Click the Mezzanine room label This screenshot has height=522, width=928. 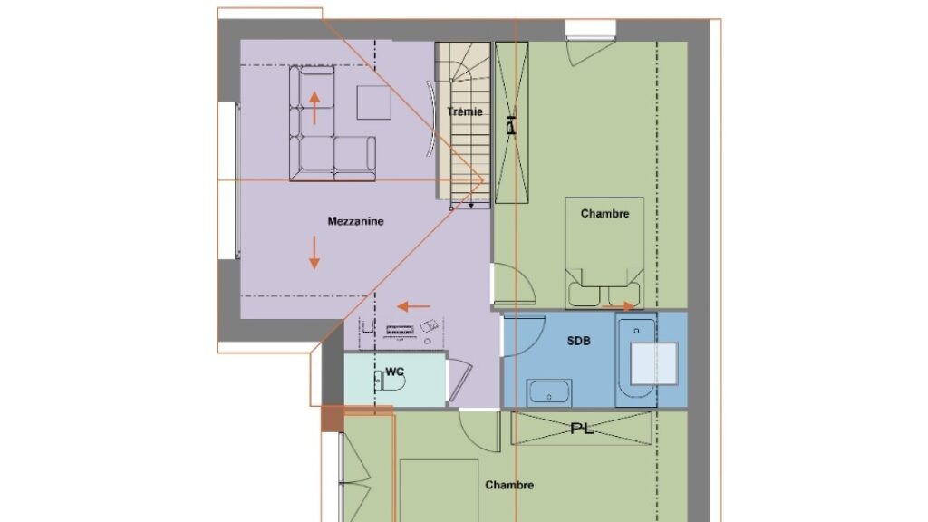pyautogui.click(x=355, y=221)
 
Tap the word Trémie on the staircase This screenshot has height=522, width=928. pyautogui.click(x=465, y=111)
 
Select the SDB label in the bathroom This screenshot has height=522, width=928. pyautogui.click(x=578, y=341)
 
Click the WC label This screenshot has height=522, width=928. pyautogui.click(x=395, y=372)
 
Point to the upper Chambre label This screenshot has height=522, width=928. pyautogui.click(x=604, y=214)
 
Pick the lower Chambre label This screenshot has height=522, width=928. pyautogui.click(x=509, y=486)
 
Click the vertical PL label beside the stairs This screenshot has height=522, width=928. pyautogui.click(x=512, y=121)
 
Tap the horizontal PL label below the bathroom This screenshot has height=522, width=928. pyautogui.click(x=582, y=429)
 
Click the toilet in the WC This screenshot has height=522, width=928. pyautogui.click(x=391, y=382)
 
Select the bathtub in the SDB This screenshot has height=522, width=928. pyautogui.click(x=636, y=359)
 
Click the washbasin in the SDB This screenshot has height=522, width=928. pyautogui.click(x=549, y=393)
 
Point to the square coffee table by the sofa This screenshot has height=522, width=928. pyautogui.click(x=373, y=102)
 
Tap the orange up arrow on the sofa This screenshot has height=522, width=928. pyautogui.click(x=314, y=108)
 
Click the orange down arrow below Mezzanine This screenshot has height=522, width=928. pyautogui.click(x=314, y=253)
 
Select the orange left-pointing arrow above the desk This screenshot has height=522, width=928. pyautogui.click(x=413, y=306)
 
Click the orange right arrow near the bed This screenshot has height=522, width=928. pyautogui.click(x=618, y=306)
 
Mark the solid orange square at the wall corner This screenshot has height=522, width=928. pyautogui.click(x=333, y=419)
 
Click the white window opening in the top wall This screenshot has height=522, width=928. pyautogui.click(x=591, y=28)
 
